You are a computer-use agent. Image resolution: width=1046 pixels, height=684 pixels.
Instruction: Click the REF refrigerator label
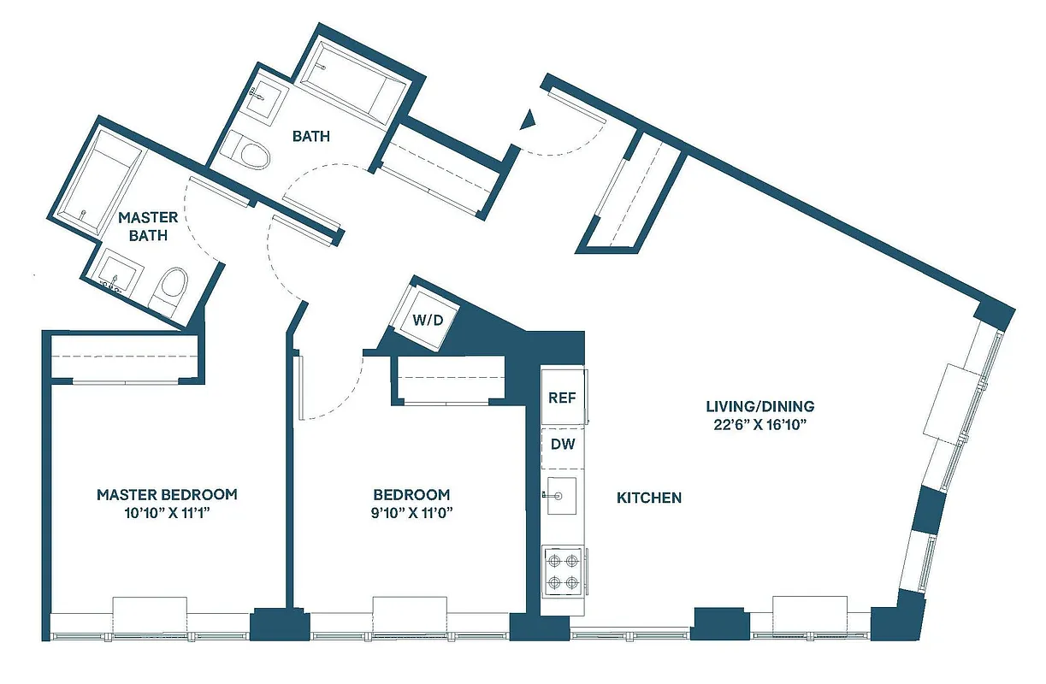[562, 398]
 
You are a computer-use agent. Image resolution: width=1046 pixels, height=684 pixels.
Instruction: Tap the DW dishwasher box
[562, 445]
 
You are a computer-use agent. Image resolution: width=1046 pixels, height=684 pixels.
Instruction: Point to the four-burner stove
[563, 572]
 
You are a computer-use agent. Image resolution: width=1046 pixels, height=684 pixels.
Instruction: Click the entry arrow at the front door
[529, 120]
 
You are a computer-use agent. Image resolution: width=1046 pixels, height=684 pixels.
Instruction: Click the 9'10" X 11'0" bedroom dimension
[411, 513]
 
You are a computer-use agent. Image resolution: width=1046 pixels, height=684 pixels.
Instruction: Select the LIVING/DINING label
[759, 406]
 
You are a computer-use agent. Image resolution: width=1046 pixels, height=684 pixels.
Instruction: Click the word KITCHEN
[649, 498]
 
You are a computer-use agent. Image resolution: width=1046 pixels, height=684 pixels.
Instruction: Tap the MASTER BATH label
[148, 227]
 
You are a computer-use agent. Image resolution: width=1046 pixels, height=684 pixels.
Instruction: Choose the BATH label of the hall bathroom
[311, 136]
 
